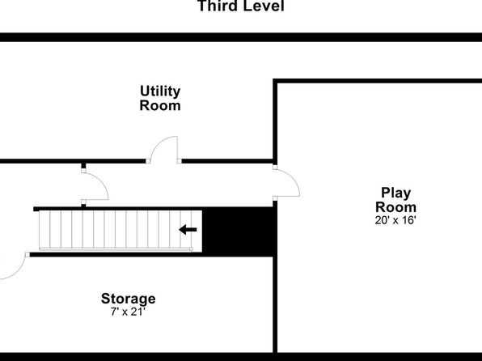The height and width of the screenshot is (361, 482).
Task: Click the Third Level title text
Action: (241, 6)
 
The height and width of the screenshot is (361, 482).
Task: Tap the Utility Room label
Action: (160, 98)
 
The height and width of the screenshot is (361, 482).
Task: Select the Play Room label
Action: (396, 200)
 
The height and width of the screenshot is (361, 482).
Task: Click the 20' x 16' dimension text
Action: (395, 220)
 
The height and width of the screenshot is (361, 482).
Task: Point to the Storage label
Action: (129, 299)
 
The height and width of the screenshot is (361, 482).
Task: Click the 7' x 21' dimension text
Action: (128, 312)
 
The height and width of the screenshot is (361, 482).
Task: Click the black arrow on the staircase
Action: (188, 230)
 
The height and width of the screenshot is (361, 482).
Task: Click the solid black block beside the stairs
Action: (237, 231)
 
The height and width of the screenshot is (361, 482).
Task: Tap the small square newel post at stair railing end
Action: (191, 249)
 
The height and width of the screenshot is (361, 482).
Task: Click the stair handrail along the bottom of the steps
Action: (116, 249)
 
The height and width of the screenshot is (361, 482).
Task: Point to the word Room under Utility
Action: (160, 105)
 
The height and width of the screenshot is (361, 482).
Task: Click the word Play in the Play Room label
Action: (396, 193)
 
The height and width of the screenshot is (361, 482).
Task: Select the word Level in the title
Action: (263, 6)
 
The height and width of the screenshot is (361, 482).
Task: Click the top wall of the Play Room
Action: (378, 81)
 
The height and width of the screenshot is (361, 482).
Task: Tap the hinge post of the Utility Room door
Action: (180, 161)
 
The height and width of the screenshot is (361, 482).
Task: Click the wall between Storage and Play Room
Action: (276, 304)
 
